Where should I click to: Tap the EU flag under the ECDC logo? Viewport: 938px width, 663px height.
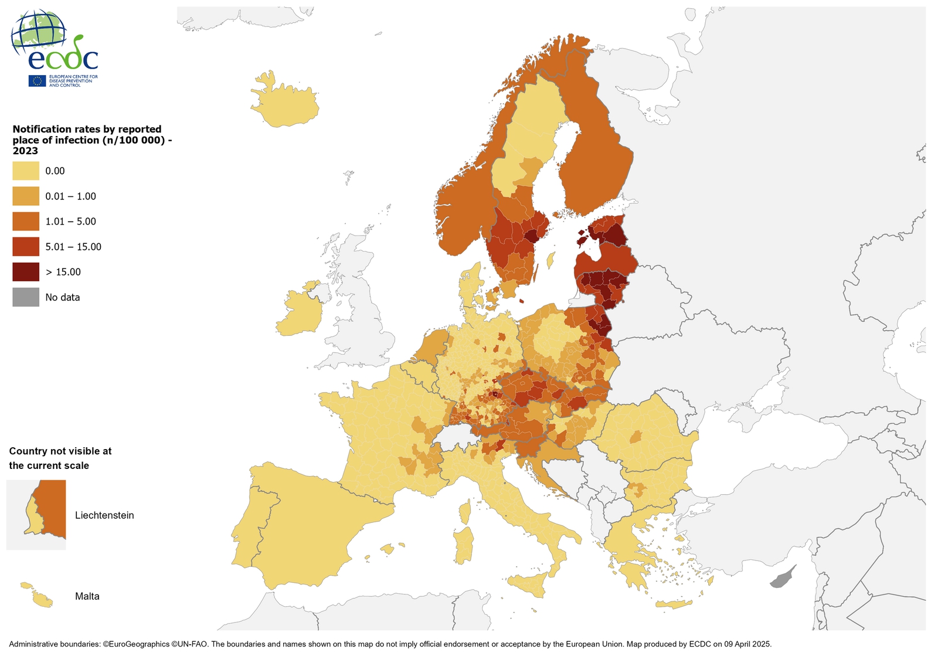point(38,81)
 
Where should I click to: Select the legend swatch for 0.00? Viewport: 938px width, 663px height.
point(26,171)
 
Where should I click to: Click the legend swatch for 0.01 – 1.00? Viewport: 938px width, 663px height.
point(26,196)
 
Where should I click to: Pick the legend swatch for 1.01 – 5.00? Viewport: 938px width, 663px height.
point(26,222)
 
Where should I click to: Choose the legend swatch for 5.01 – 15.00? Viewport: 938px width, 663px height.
point(26,247)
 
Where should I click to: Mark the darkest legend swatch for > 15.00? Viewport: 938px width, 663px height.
point(26,272)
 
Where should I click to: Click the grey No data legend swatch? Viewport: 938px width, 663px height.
point(26,297)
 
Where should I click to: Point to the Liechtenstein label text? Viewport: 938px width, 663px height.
point(104,515)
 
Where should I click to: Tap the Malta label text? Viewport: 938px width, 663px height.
point(87,596)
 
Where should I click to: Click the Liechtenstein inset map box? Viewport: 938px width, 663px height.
point(36,515)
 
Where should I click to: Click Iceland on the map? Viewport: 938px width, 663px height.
point(284,106)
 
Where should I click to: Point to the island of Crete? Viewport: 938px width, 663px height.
point(674,604)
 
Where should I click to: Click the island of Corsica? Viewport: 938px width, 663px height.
point(465,511)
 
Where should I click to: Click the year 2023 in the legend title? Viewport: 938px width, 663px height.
point(25,151)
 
